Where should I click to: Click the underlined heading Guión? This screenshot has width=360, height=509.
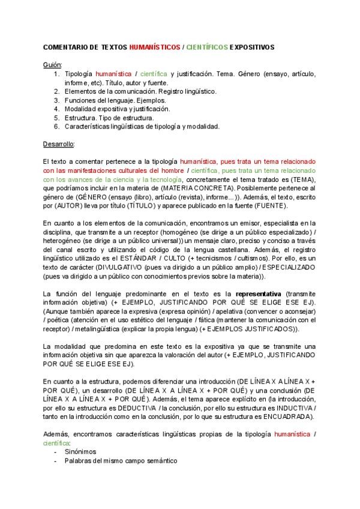click(53, 64)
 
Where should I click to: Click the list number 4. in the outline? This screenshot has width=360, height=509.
click(57, 109)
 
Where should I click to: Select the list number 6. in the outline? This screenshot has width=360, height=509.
click(57, 126)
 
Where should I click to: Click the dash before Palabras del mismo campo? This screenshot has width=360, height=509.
click(56, 460)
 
